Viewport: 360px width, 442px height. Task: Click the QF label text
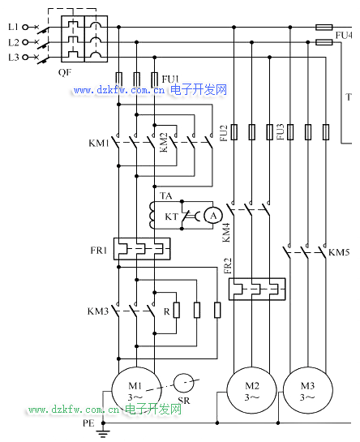pyautogui.click(x=65, y=73)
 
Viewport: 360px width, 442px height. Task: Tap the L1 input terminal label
pyautogui.click(x=13, y=27)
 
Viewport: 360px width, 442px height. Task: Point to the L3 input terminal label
pyautogui.click(x=13, y=58)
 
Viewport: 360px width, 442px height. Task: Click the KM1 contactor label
pyautogui.click(x=99, y=144)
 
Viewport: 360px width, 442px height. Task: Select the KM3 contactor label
pyautogui.click(x=98, y=311)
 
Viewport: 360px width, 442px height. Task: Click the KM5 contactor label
pyautogui.click(x=339, y=252)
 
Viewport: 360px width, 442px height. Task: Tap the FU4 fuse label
pyautogui.click(x=344, y=35)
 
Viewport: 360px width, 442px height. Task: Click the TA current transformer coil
pyautogui.click(x=152, y=215)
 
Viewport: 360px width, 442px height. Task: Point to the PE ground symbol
pyautogui.click(x=103, y=432)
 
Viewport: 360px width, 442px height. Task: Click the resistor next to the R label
pyautogui.click(x=177, y=310)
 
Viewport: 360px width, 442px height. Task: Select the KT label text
pyautogui.click(x=171, y=217)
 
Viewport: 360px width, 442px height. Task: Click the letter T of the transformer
pyautogui.click(x=349, y=97)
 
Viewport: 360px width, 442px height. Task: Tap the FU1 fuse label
pyautogui.click(x=170, y=79)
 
